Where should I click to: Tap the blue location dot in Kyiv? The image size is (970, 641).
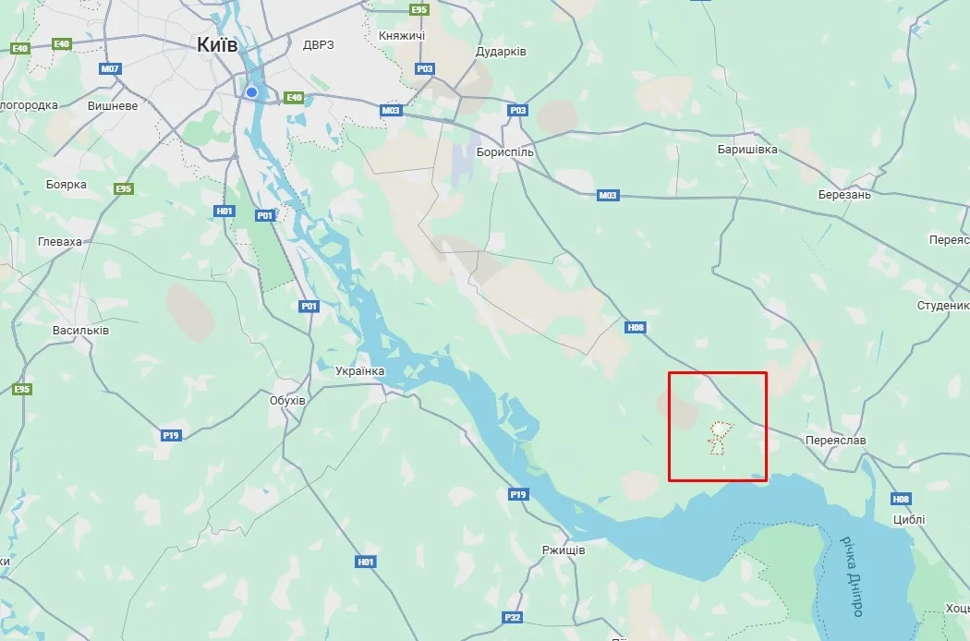pos(251,92)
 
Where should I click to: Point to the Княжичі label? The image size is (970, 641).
pos(402,35)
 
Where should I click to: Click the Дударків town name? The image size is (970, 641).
pos(502,52)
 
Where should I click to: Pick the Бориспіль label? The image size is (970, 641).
pos(505,151)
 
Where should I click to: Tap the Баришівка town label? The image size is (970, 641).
pos(747,149)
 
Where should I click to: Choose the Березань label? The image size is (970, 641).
pos(844,195)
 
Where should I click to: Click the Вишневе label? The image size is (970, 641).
pos(113,105)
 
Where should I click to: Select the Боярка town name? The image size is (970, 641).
pos(67,184)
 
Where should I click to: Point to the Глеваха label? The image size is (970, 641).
pos(60,241)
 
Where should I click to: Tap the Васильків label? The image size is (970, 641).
pos(81,330)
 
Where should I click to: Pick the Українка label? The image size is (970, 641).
pos(360,370)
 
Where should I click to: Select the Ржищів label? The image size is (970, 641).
pos(564,550)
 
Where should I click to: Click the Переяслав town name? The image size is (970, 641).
pos(835,441)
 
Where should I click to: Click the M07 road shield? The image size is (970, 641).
pos(111,69)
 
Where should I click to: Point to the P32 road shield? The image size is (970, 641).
pos(514,617)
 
